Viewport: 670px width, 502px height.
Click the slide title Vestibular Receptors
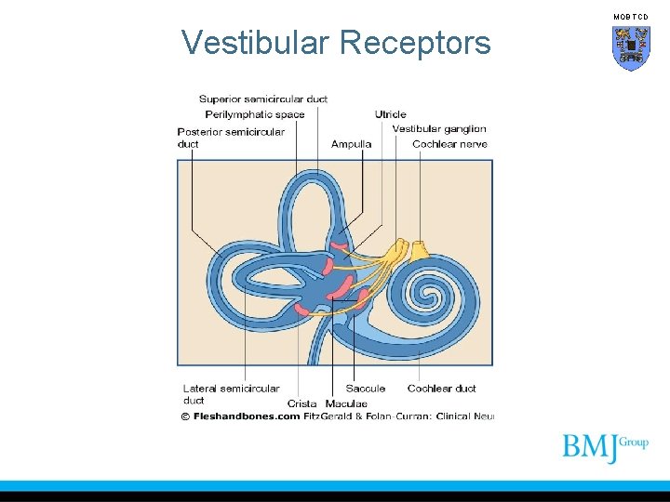click(336, 43)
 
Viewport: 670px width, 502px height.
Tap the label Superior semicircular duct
click(263, 99)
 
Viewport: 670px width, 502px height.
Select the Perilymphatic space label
click(255, 114)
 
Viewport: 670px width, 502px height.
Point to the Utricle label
click(391, 114)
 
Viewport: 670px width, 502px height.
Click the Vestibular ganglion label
click(439, 129)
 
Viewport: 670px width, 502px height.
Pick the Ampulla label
click(351, 144)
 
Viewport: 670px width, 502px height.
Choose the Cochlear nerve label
click(449, 144)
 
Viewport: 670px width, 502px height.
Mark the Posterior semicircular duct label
click(231, 138)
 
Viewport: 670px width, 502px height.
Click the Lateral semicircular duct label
click(231, 394)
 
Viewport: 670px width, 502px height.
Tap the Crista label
click(301, 403)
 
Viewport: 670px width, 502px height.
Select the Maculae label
click(346, 403)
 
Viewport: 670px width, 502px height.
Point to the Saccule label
click(365, 389)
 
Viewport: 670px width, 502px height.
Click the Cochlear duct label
click(441, 389)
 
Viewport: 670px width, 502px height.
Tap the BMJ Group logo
click(605, 448)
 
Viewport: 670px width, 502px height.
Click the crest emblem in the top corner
click(631, 48)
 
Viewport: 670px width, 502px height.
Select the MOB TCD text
click(631, 17)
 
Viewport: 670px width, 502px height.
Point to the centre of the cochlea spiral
click(430, 297)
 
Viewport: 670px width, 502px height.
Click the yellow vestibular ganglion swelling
click(398, 249)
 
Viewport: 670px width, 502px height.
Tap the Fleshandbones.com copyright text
click(240, 416)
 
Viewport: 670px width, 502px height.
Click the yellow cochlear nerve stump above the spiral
click(420, 249)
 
